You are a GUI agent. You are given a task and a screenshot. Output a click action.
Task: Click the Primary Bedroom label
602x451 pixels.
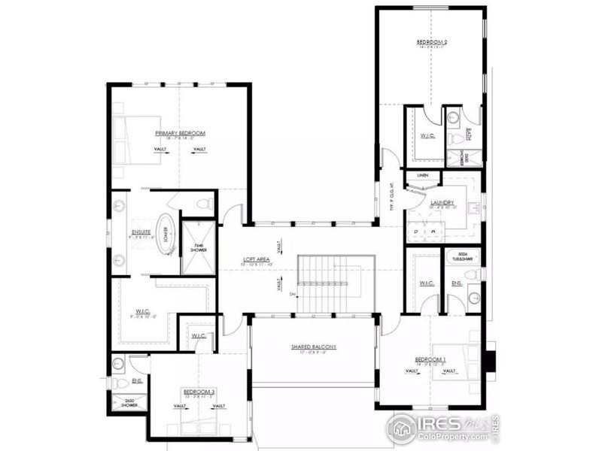pos(180,133)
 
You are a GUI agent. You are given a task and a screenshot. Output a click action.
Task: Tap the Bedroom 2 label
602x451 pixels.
pos(432,42)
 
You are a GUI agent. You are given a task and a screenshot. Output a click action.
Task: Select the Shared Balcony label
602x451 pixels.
pos(313,347)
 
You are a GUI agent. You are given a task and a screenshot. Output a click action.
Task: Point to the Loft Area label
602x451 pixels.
pos(256,261)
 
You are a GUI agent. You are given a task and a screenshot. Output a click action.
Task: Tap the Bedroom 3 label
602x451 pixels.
pos(199,392)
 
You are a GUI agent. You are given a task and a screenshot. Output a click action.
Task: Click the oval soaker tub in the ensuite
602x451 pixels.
pos(165,238)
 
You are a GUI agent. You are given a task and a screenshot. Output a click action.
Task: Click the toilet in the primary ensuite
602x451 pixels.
pos(201,203)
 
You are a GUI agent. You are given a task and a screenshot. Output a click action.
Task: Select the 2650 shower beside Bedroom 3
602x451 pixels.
pos(130,403)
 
